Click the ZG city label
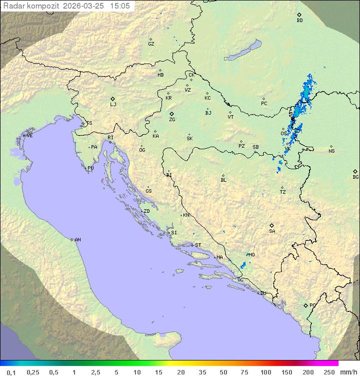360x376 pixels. click(x=172, y=120)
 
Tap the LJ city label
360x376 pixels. click(x=113, y=105)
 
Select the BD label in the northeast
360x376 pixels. click(x=299, y=21)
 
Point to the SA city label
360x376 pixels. click(x=272, y=231)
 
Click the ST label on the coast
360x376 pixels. click(x=198, y=245)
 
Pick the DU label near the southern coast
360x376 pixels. click(x=262, y=293)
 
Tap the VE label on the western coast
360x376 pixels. click(x=29, y=136)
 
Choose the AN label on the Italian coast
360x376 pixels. click(x=77, y=240)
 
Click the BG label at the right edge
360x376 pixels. click(x=355, y=177)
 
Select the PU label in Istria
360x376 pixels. click(x=90, y=168)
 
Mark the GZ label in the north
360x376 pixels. click(x=151, y=44)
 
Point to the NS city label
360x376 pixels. click(x=331, y=151)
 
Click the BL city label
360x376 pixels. click(x=223, y=180)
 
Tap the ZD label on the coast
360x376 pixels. click(x=146, y=211)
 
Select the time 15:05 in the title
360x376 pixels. click(x=120, y=6)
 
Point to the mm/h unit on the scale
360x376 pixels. click(x=347, y=372)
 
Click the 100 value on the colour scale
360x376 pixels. click(x=265, y=372)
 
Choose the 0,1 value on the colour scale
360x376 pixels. click(x=11, y=372)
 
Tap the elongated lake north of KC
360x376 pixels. click(x=242, y=51)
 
